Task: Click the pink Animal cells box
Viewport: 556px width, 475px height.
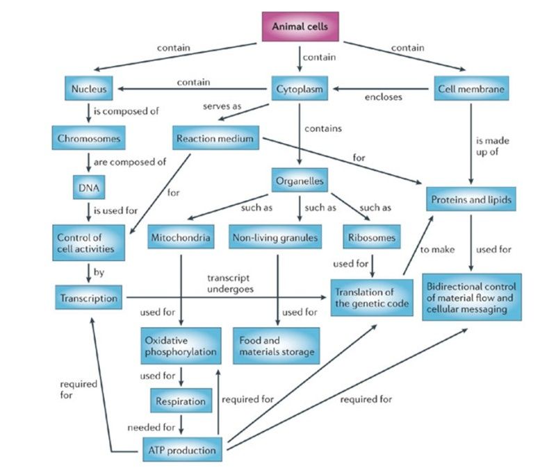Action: coord(300,26)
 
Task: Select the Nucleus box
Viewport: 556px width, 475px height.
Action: coord(89,88)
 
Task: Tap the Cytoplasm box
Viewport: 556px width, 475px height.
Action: coord(300,88)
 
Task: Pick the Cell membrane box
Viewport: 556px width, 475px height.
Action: coord(471,88)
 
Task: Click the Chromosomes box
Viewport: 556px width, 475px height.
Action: coord(89,137)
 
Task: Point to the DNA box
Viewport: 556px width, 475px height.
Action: coord(89,187)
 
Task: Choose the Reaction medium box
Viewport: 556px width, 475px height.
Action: coord(215,137)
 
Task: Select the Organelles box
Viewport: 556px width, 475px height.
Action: coord(300,181)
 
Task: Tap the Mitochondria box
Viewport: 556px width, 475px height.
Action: coord(181,237)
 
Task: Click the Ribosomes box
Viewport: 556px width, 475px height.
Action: coord(372,237)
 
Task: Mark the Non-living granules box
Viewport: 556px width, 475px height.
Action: coord(275,237)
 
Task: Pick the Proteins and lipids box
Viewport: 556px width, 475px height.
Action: coord(471,199)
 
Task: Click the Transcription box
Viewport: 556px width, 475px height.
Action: coord(89,297)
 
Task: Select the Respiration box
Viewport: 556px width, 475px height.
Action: coord(181,401)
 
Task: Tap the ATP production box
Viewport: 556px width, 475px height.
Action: coord(182,449)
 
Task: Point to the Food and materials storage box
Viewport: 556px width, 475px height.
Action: coord(276,346)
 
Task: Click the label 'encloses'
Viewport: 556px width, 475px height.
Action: coord(384,97)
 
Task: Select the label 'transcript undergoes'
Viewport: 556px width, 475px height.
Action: coord(231,283)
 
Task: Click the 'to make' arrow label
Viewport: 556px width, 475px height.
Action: coord(437,249)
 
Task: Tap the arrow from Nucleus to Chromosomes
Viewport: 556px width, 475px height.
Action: coord(89,112)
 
